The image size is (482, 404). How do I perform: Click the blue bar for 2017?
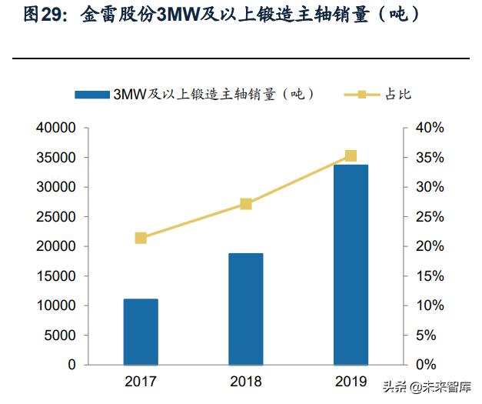pyautogui.click(x=141, y=332)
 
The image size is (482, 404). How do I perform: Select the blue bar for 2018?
pyautogui.click(x=246, y=309)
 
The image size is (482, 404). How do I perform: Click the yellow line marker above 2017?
pyautogui.click(x=141, y=238)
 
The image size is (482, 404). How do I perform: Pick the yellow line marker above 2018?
pyautogui.click(x=246, y=204)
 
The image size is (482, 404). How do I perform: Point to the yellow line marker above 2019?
pyautogui.click(x=351, y=155)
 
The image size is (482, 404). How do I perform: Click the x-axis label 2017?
pyautogui.click(x=141, y=381)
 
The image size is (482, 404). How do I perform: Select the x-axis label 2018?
pyautogui.click(x=246, y=381)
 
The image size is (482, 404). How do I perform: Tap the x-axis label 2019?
pyautogui.click(x=351, y=381)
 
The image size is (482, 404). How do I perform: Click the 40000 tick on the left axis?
pyautogui.click(x=57, y=128)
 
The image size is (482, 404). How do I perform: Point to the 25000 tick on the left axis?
pyautogui.click(x=57, y=217)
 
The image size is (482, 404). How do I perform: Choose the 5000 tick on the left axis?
pyautogui.click(x=61, y=336)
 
